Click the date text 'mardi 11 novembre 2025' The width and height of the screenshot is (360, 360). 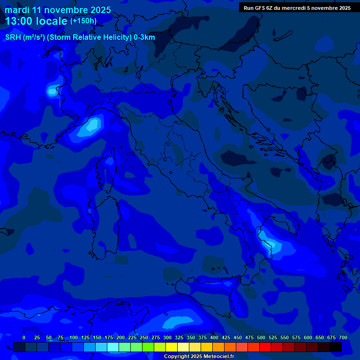coord(58,10)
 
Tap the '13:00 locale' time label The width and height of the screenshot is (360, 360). coord(37,21)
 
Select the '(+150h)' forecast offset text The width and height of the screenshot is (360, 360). coord(83,21)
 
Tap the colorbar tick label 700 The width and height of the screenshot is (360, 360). coord(343,337)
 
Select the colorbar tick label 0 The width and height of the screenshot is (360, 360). coord(24,337)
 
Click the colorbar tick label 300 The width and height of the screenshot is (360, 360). coord(167,337)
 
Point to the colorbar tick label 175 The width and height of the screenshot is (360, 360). coord(109,337)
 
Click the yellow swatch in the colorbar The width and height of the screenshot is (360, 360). coord(172,347)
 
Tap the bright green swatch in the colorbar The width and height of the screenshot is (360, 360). coord(148,347)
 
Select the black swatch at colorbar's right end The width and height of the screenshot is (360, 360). coord(336,347)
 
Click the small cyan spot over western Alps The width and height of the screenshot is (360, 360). coord(52,90)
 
